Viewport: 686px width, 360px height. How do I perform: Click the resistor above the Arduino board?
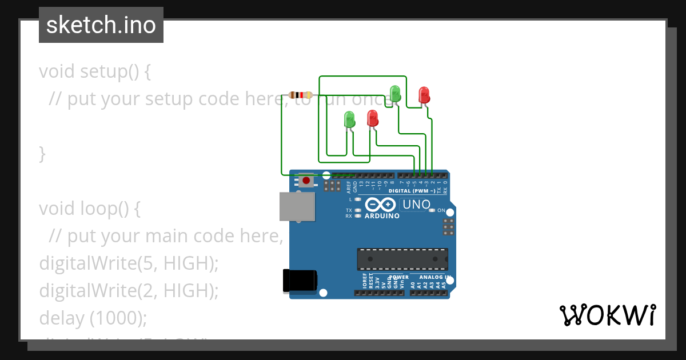click(x=300, y=95)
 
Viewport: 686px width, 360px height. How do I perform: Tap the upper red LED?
click(x=424, y=94)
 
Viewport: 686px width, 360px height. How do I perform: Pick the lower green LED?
click(x=349, y=119)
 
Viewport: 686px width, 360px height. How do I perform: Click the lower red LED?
click(x=373, y=118)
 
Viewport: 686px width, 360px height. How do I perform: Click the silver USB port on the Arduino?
click(x=297, y=206)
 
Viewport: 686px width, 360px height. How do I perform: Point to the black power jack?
click(x=299, y=281)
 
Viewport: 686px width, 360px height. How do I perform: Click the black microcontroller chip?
click(x=402, y=258)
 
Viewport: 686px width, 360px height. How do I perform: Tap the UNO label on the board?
click(x=416, y=204)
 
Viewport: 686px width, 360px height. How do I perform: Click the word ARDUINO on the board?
click(x=382, y=216)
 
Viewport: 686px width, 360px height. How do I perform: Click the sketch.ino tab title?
click(x=101, y=25)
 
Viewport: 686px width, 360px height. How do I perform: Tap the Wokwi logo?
click(x=608, y=315)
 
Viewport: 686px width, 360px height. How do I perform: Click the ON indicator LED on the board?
click(x=432, y=210)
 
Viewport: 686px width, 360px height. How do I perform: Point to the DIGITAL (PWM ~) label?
click(x=416, y=191)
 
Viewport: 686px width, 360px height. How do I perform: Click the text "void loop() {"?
click(x=90, y=209)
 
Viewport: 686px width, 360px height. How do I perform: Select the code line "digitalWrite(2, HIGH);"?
click(x=129, y=290)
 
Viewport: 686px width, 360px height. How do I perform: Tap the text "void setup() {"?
click(x=95, y=71)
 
